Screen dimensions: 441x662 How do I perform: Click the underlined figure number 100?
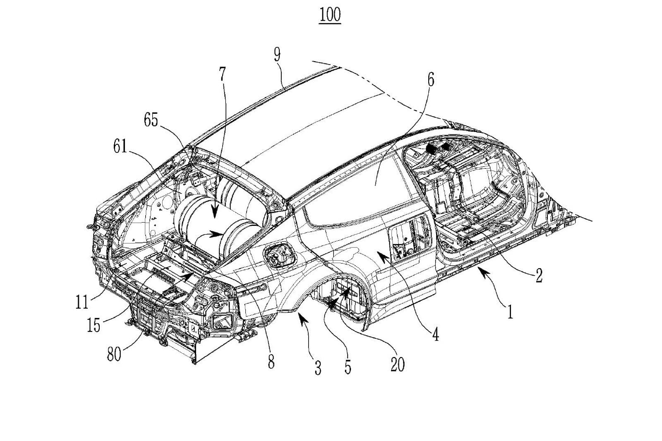tap(330, 15)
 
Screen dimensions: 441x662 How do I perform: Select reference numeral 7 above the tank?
tap(223, 74)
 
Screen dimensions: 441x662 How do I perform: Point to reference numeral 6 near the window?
tap(431, 80)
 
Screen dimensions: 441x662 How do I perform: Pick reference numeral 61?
tap(120, 146)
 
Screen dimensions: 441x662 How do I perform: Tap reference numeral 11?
tap(82, 302)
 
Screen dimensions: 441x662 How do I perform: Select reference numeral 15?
tap(94, 326)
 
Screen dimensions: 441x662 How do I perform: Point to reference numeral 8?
tap(271, 362)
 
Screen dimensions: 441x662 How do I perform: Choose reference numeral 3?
tap(318, 368)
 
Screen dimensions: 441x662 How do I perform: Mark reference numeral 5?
tap(348, 367)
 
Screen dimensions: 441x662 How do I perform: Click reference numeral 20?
tap(397, 364)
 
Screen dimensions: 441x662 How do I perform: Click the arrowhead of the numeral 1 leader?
tap(478, 269)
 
